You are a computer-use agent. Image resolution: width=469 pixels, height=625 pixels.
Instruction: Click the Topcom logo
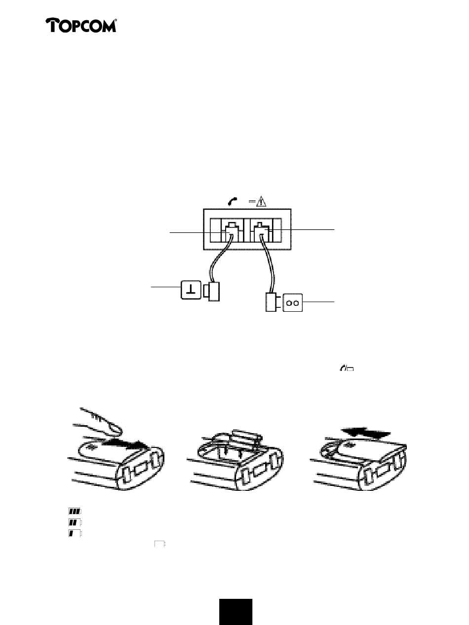(x=81, y=25)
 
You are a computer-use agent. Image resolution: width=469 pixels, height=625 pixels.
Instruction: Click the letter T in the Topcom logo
(x=52, y=25)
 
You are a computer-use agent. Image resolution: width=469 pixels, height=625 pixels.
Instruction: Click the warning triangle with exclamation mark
(x=261, y=201)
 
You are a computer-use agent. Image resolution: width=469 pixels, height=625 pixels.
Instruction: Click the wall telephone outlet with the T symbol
(x=191, y=290)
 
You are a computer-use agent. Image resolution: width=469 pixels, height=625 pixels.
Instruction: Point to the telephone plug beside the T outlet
(x=212, y=291)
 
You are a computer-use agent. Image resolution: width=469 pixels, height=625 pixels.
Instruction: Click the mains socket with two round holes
(x=293, y=303)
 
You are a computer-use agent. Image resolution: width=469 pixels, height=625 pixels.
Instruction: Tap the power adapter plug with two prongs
(x=273, y=302)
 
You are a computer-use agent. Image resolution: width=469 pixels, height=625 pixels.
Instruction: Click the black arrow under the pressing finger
(x=125, y=445)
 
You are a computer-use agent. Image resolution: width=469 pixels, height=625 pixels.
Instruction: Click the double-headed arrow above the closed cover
(x=365, y=434)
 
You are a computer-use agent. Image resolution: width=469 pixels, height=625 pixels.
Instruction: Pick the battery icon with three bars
(x=75, y=512)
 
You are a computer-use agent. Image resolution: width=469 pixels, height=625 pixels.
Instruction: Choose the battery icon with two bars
(x=75, y=522)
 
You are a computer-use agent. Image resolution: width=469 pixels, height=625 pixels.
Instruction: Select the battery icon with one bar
(x=75, y=533)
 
